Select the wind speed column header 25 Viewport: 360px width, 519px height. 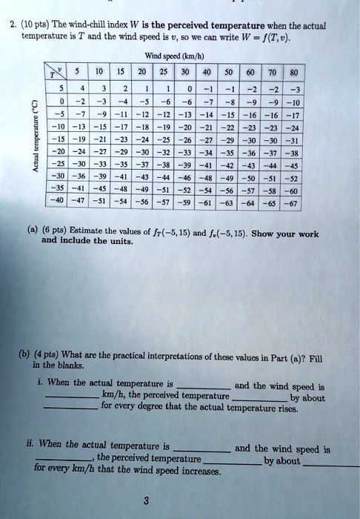point(183,72)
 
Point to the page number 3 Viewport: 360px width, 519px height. point(180,501)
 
